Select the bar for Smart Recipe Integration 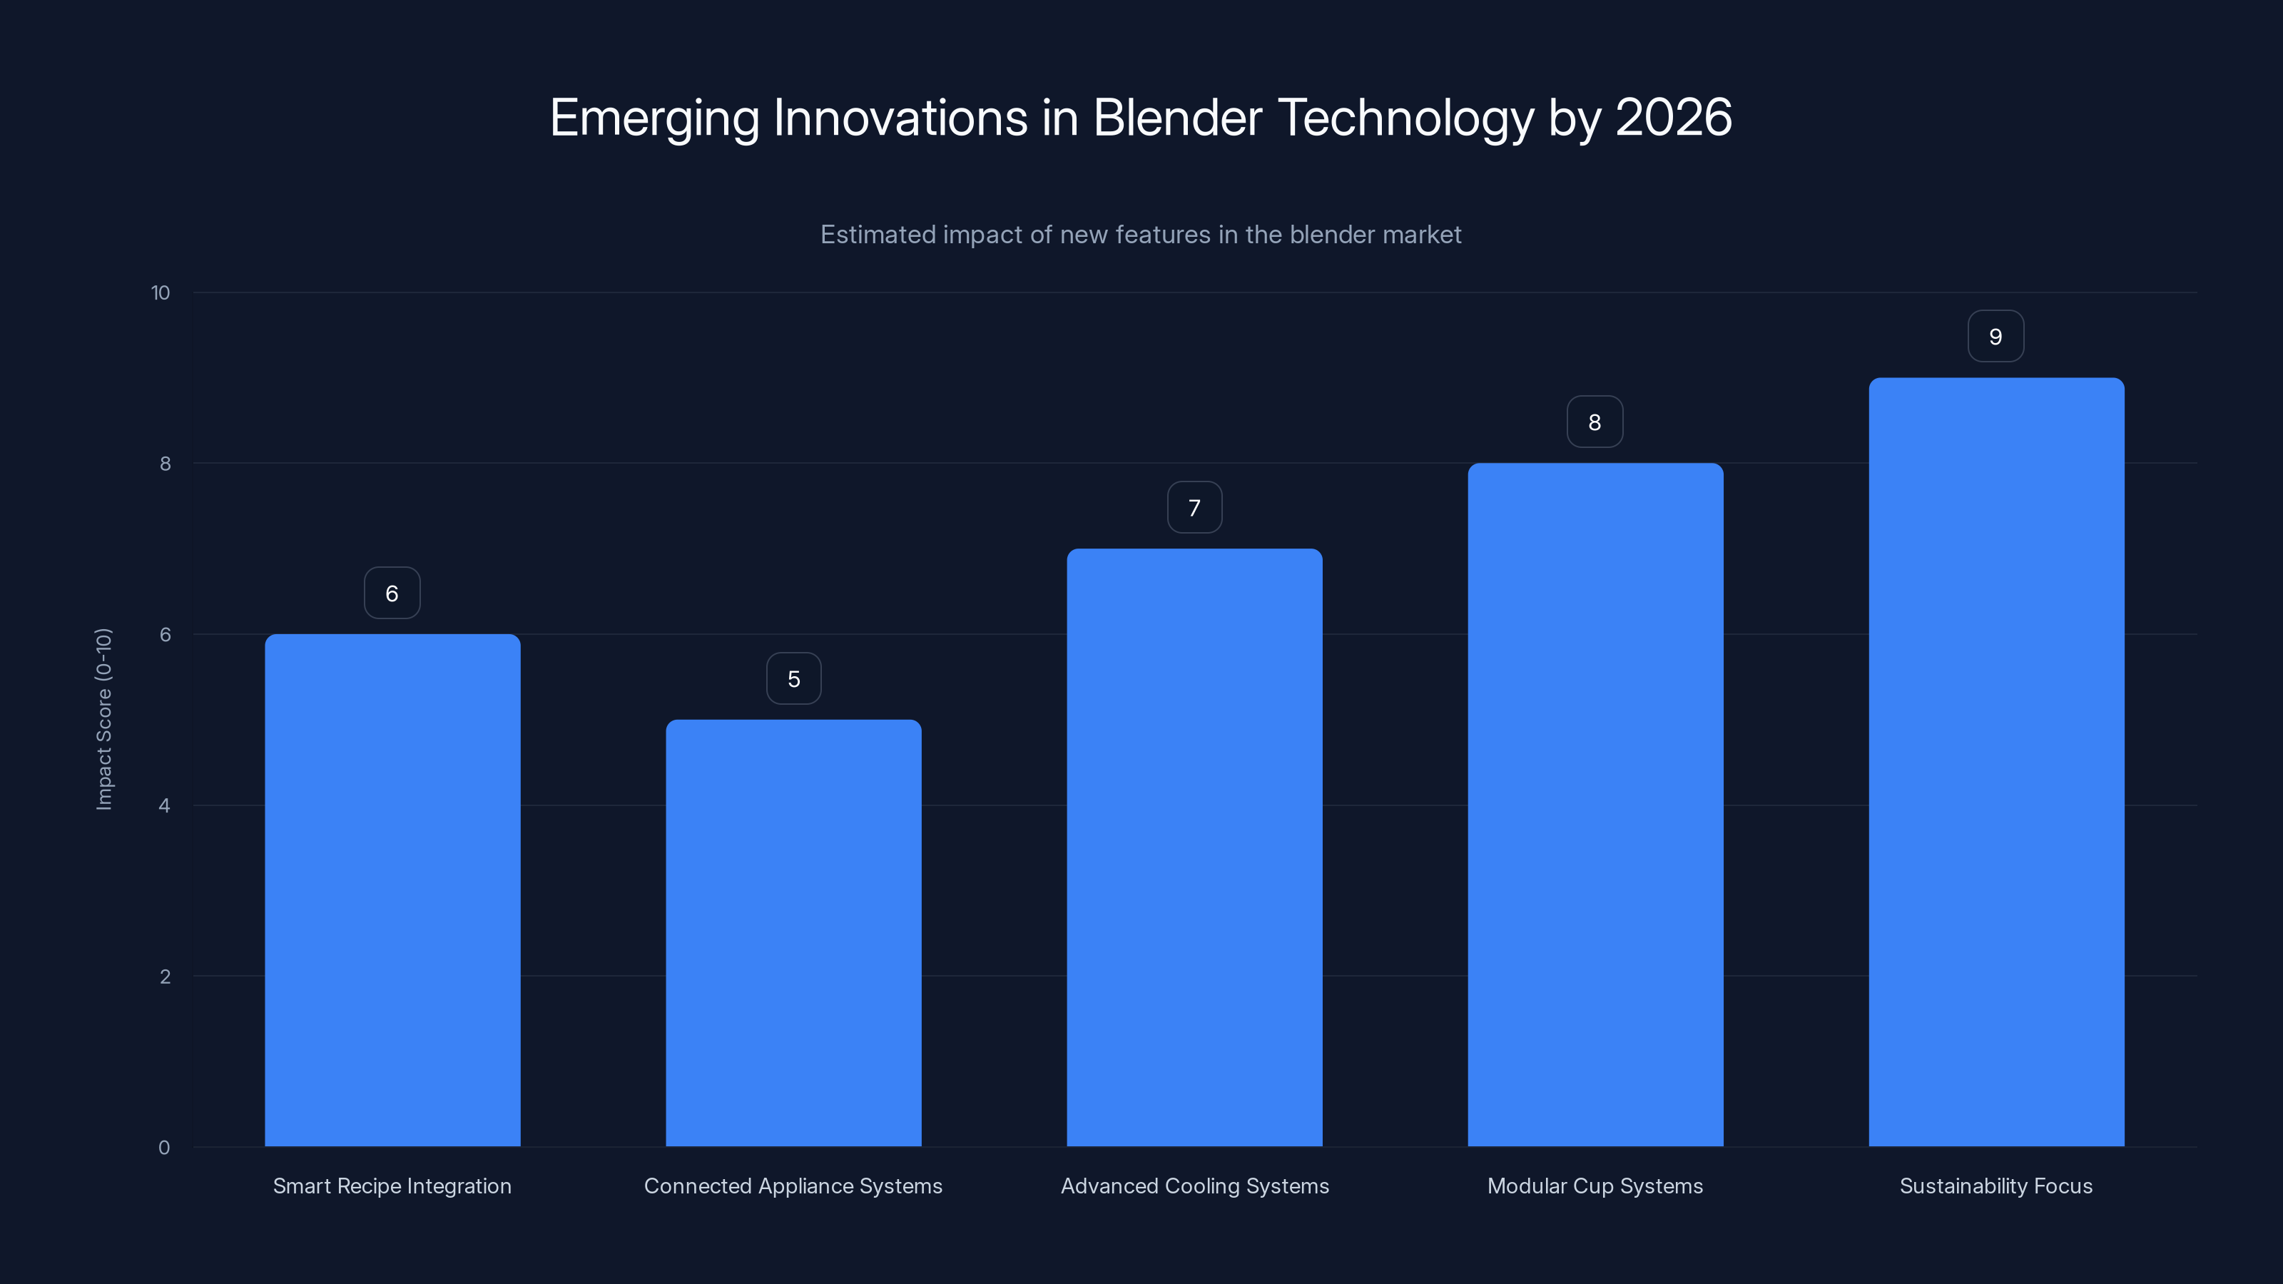[x=392, y=890]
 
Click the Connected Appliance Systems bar [x=793, y=932]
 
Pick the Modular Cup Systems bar [x=1595, y=805]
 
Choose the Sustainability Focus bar [x=1996, y=762]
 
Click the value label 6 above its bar [x=392, y=593]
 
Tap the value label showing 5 [x=793, y=679]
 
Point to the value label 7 [x=1194, y=508]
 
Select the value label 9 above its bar [x=1995, y=337]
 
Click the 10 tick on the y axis [x=161, y=292]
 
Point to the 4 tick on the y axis [x=164, y=805]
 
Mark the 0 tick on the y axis [x=164, y=1148]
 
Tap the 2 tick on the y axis [x=164, y=977]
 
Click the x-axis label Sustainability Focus [x=1996, y=1186]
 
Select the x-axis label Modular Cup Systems [x=1595, y=1186]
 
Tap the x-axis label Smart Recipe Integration [x=392, y=1186]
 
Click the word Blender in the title [x=1177, y=117]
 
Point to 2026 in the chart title [x=1673, y=117]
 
